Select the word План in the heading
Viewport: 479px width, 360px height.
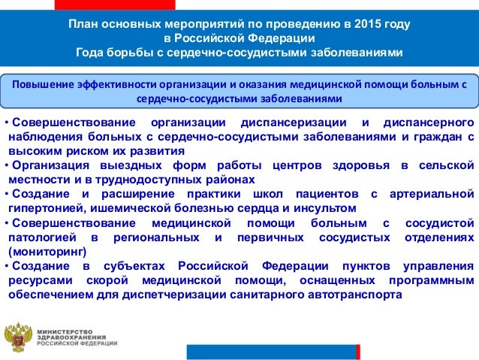83,25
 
